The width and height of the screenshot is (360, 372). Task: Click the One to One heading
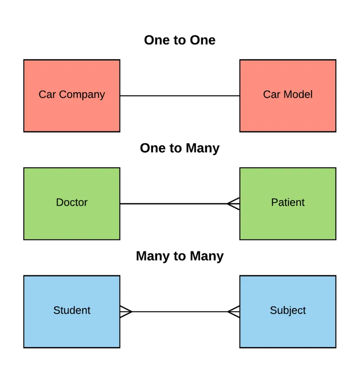[x=180, y=40]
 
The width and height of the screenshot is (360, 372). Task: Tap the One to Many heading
[x=180, y=148]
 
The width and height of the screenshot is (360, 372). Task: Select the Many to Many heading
[x=180, y=256]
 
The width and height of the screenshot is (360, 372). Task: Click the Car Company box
[x=72, y=96]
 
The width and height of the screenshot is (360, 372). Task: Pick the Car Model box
[x=287, y=96]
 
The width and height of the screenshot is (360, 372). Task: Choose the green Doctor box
[x=72, y=204]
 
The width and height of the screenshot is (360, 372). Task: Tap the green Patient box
[x=287, y=204]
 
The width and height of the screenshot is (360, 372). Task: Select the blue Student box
[x=72, y=312]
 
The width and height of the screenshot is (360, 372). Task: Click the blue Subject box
[x=287, y=312]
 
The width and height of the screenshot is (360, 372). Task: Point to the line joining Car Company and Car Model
[x=180, y=96]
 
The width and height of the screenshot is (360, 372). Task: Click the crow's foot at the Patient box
[x=233, y=204]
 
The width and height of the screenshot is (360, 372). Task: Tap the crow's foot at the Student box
[x=126, y=312]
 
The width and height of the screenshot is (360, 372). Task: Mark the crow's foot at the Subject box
[x=233, y=312]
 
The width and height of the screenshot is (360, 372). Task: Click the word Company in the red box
[x=82, y=95]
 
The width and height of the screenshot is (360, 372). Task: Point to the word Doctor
[x=72, y=202]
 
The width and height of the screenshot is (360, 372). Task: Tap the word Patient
[x=287, y=202]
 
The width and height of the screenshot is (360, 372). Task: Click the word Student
[x=72, y=310]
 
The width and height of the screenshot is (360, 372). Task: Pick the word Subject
[x=287, y=311]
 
